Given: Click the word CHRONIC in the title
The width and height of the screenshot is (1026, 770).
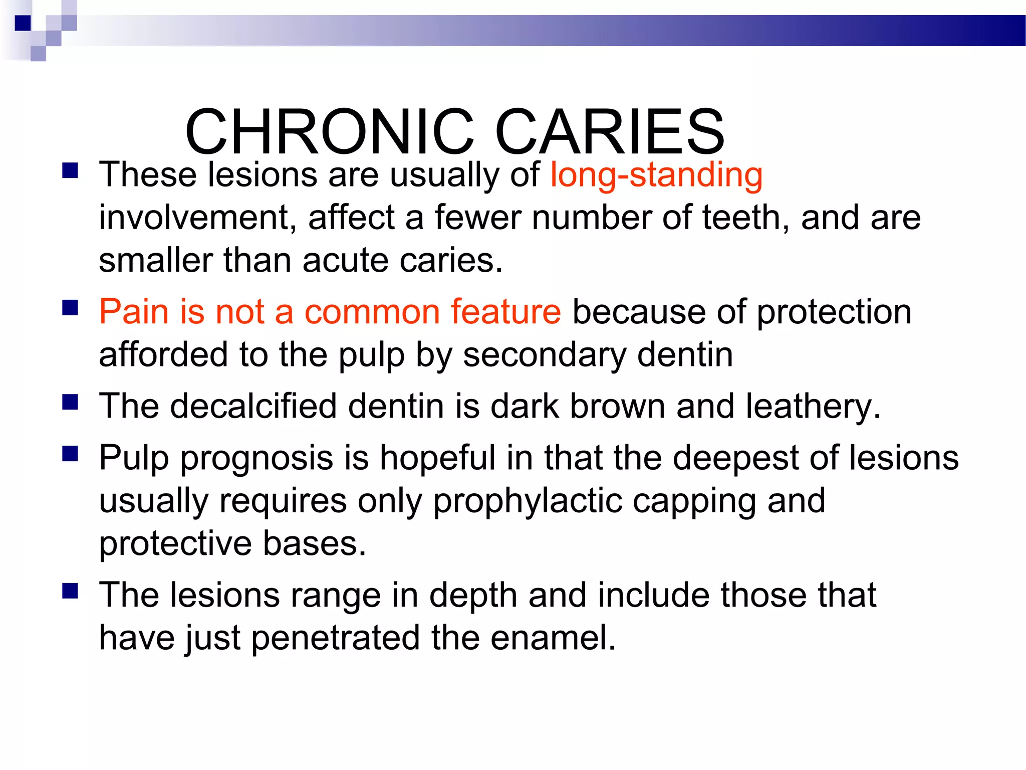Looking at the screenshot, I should pyautogui.click(x=329, y=132).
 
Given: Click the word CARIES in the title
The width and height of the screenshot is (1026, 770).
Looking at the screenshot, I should pyautogui.click(x=610, y=132).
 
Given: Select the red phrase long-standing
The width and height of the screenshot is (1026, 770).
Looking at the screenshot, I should pyautogui.click(x=656, y=175).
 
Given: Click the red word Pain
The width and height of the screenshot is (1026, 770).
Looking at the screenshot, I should pyautogui.click(x=133, y=311).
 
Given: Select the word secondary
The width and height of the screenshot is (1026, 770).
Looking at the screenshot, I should pyautogui.click(x=545, y=355).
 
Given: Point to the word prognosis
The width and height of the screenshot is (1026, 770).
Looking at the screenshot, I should pyautogui.click(x=257, y=458).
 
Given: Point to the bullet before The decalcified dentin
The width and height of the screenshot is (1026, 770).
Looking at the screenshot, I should pyautogui.click(x=70, y=402).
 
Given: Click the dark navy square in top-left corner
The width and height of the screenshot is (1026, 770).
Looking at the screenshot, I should pyautogui.click(x=23, y=23).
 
